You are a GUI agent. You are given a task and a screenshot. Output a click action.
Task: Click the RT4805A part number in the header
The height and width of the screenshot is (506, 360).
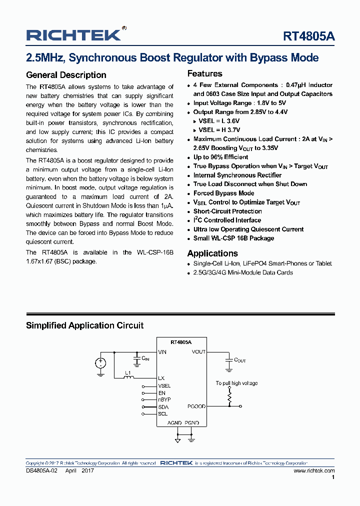[x=309, y=36]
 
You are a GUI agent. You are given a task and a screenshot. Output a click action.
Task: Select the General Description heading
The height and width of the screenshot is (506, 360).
[x=66, y=75]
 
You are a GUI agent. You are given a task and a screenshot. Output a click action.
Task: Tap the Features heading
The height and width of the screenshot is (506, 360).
[x=204, y=73]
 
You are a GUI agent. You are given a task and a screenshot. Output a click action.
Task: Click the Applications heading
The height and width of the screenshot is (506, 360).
[x=212, y=253]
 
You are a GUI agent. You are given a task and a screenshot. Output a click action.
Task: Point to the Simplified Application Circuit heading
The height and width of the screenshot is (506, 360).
[x=84, y=325]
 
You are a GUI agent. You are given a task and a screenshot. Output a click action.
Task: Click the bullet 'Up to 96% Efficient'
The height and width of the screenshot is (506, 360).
[x=220, y=157]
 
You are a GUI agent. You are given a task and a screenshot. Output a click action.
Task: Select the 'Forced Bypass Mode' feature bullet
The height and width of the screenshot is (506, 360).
[x=223, y=193]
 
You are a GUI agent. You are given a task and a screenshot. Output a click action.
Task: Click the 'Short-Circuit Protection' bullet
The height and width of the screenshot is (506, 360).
[x=227, y=211]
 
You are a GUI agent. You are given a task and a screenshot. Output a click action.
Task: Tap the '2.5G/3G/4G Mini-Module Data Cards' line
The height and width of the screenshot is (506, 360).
[x=243, y=272]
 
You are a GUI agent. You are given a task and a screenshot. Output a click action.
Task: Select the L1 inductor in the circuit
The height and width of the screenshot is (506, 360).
[x=128, y=377]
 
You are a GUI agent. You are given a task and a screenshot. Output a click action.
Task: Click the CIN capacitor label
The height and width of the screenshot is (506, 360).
[x=145, y=358]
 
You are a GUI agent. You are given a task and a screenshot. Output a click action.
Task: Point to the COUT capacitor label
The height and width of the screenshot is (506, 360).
[x=240, y=360]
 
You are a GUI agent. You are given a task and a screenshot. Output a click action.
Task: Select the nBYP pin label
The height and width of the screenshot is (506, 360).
[x=164, y=400]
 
